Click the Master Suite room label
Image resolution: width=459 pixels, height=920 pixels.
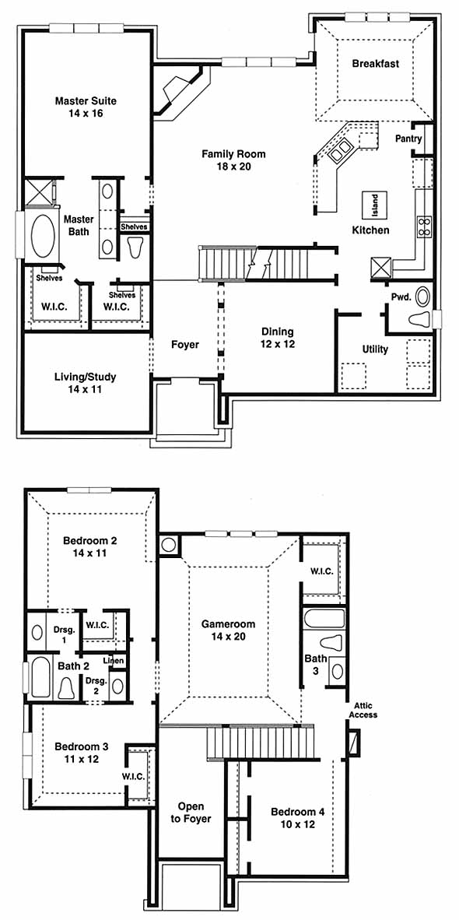[86, 107]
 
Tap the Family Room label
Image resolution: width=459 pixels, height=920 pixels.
[233, 160]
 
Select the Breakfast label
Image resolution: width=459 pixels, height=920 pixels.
[375, 63]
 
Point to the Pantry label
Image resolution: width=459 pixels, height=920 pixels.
[408, 139]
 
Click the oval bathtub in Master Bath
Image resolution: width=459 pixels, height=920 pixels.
[40, 237]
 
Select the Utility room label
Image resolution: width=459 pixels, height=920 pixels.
[374, 349]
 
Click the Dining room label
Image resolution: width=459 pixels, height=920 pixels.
[277, 338]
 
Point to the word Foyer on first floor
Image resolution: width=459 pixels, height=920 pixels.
[184, 344]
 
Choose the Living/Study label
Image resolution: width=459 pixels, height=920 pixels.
[85, 382]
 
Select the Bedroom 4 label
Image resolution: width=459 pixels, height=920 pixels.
[297, 818]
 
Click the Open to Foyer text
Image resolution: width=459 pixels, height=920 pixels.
[191, 813]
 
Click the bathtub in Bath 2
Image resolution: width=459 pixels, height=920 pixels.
[40, 678]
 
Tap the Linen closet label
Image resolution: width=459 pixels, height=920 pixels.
[114, 662]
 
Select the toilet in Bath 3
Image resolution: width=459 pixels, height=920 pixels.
[331, 642]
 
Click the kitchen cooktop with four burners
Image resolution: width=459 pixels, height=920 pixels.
[424, 226]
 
